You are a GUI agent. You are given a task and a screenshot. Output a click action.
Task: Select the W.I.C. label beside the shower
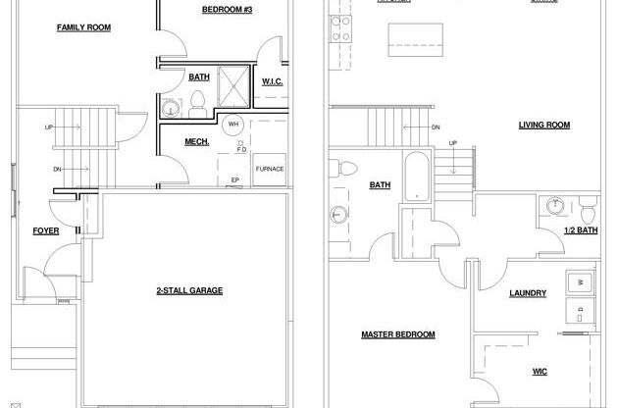(272, 81)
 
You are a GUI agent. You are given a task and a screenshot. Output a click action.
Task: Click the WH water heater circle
(233, 125)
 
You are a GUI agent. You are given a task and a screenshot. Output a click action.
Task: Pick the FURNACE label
(270, 169)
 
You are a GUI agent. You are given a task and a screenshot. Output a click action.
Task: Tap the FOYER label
(46, 231)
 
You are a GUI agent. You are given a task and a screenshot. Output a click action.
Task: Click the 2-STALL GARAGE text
(189, 290)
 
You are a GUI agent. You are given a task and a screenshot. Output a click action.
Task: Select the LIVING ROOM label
(544, 125)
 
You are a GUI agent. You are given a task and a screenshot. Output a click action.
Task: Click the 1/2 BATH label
(581, 230)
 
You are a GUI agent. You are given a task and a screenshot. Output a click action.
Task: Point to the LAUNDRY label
(528, 293)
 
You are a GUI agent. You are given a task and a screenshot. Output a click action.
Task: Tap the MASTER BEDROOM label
(397, 334)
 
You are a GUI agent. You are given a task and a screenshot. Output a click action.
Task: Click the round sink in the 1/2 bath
(556, 205)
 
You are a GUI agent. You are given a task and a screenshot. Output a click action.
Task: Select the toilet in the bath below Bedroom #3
(195, 99)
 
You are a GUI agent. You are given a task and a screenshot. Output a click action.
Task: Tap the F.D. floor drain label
(241, 150)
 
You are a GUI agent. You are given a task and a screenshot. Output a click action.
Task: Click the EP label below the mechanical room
(235, 179)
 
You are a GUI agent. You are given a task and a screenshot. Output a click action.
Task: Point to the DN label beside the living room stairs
(436, 127)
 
